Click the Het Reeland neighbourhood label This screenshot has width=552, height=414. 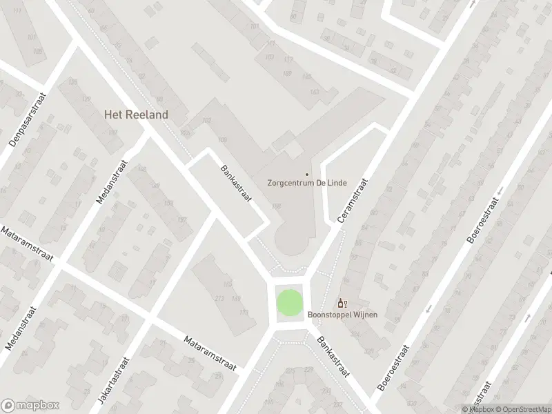[136, 115]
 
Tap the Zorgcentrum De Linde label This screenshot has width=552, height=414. [307, 184]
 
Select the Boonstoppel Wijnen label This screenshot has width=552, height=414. [343, 315]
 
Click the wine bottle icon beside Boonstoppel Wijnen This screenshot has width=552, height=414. [342, 303]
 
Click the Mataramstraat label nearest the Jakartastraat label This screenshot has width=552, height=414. [210, 353]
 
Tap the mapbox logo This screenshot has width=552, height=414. [30, 405]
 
